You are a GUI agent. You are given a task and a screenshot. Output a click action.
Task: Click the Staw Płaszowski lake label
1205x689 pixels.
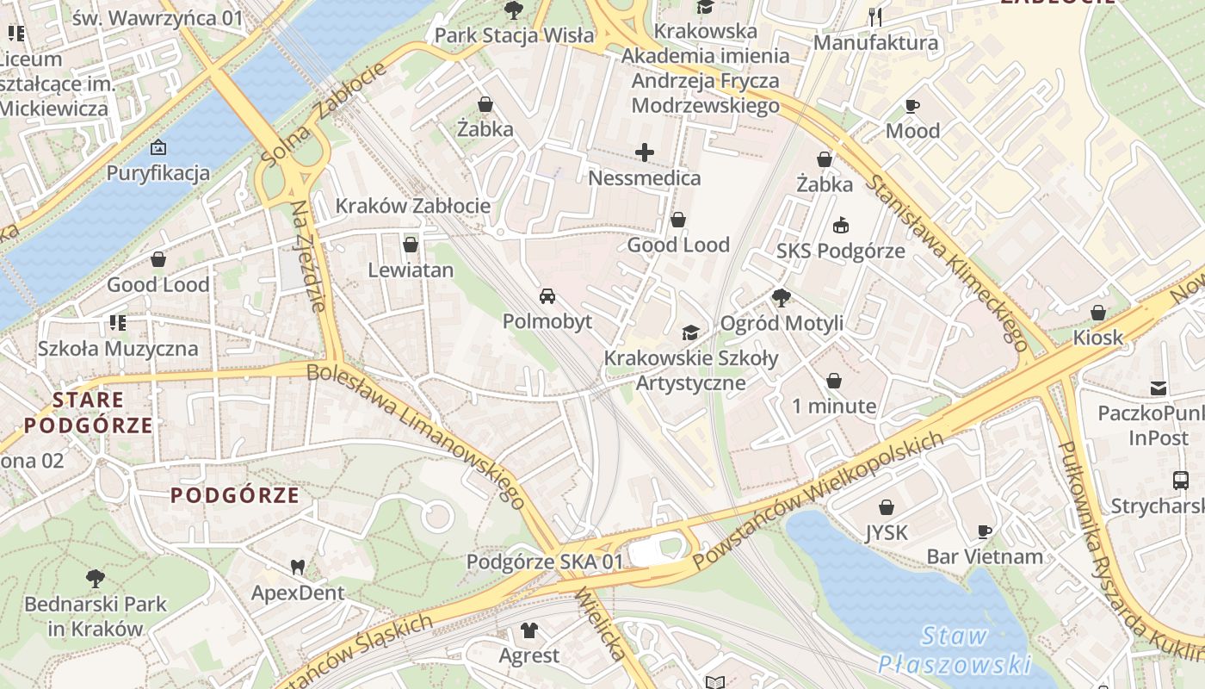(x=955, y=650)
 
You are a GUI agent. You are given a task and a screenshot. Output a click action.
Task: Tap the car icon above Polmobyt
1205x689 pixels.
(x=547, y=297)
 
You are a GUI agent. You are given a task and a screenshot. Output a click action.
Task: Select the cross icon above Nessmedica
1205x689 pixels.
(x=645, y=153)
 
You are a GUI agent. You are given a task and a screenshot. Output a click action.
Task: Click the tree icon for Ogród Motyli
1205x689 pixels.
(x=782, y=298)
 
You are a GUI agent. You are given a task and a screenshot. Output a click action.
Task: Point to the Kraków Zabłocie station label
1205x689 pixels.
(x=413, y=206)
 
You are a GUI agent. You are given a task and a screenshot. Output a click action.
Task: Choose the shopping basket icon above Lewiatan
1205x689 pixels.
(x=411, y=245)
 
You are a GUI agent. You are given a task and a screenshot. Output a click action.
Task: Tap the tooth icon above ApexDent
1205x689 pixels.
(x=298, y=568)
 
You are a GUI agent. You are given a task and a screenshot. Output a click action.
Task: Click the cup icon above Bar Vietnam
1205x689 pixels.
(x=985, y=531)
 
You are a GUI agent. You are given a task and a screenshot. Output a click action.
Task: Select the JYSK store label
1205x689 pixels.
(x=887, y=533)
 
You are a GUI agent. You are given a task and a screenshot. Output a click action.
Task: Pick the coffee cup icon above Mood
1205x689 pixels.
(x=912, y=106)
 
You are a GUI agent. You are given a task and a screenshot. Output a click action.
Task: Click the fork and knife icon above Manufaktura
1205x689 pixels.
(x=876, y=16)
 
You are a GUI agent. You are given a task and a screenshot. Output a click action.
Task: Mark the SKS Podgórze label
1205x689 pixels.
(x=840, y=251)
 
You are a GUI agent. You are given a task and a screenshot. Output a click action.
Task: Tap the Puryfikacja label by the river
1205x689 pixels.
(x=158, y=173)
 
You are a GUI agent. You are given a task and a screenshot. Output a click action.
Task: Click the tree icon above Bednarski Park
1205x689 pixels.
(x=95, y=578)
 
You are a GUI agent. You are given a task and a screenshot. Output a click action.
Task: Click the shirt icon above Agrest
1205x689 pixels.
(x=529, y=630)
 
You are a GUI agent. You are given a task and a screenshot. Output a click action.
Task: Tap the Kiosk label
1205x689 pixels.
(x=1097, y=338)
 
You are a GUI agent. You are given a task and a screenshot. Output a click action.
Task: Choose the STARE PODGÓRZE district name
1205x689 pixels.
(x=89, y=413)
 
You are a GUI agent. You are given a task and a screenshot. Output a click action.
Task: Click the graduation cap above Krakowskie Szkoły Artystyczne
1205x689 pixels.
(x=690, y=332)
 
